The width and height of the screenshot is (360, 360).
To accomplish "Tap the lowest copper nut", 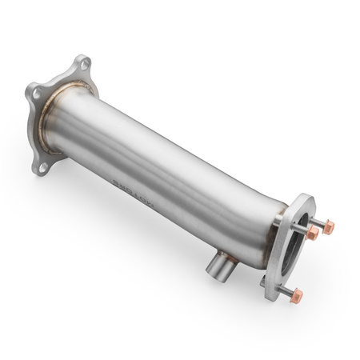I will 297,295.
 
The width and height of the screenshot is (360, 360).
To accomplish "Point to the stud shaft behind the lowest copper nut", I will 284,289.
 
